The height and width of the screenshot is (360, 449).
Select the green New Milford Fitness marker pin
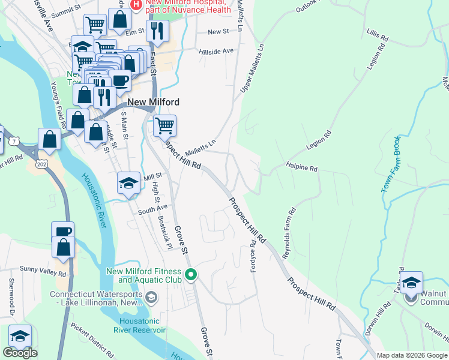(191, 275)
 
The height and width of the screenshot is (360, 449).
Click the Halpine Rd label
(301, 169)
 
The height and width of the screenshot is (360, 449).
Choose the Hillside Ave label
(216, 52)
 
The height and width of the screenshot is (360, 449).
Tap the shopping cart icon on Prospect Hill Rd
(164, 126)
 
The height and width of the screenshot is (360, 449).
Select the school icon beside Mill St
(128, 183)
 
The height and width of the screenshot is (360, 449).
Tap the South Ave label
(152, 208)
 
